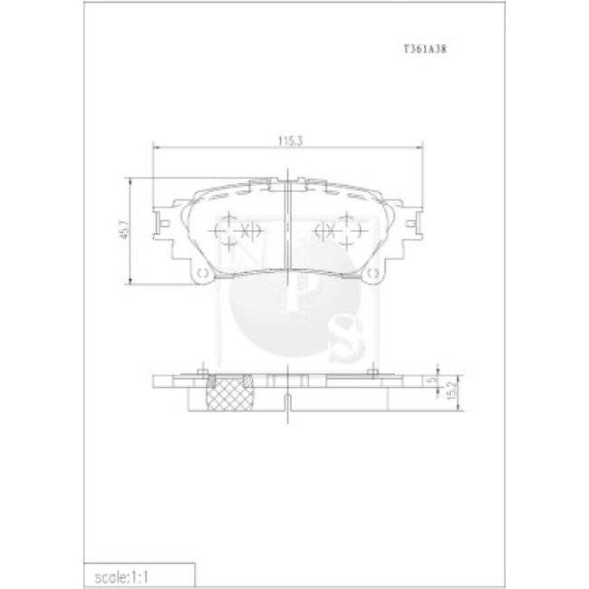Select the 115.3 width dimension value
(289, 140)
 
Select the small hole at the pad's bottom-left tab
(202, 275)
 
